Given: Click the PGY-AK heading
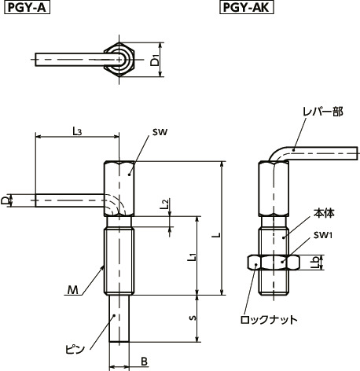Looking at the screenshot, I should (x=241, y=9).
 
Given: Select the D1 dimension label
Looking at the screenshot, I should (x=156, y=61).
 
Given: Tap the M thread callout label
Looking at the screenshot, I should (x=72, y=291).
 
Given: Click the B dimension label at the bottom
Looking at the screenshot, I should (x=144, y=362).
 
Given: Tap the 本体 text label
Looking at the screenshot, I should (x=323, y=212).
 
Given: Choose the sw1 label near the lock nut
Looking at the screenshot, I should (x=323, y=235).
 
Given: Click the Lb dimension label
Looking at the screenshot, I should (x=316, y=262).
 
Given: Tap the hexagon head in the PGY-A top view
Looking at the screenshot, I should (x=120, y=59).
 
